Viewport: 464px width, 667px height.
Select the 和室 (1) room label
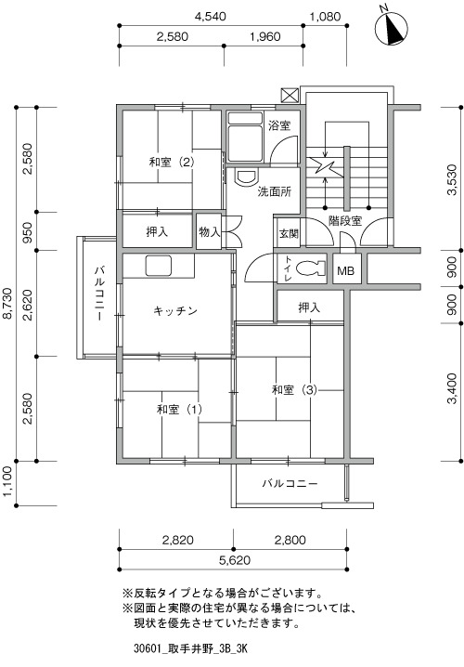click(x=179, y=410)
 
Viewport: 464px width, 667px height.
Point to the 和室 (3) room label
click(x=294, y=389)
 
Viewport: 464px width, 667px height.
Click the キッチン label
click(x=175, y=311)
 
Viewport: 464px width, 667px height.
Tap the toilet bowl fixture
click(x=311, y=268)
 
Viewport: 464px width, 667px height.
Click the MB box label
click(x=345, y=270)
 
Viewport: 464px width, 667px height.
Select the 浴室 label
click(x=279, y=125)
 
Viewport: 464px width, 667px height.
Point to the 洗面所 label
click(x=275, y=191)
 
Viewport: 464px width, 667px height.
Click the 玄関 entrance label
click(x=289, y=233)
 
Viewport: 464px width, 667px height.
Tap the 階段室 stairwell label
click(x=345, y=221)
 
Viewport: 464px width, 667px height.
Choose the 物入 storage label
click(x=210, y=232)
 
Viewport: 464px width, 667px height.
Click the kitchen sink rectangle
click(x=159, y=266)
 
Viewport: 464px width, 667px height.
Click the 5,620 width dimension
click(x=235, y=560)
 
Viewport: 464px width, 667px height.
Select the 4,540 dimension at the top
click(x=211, y=17)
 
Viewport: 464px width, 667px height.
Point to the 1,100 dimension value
click(x=8, y=483)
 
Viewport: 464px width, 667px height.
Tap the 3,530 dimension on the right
click(x=452, y=179)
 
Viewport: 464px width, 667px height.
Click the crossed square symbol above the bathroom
click(x=290, y=96)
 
